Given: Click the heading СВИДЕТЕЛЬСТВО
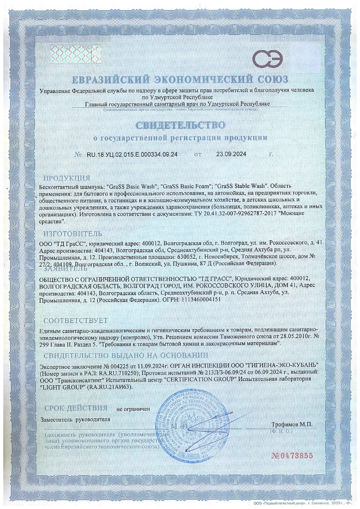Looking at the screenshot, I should click(x=179, y=125).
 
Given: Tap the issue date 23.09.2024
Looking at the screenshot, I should click(x=231, y=154).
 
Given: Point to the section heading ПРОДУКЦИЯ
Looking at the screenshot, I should click(x=67, y=178).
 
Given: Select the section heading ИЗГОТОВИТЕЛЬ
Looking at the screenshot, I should click(x=72, y=234).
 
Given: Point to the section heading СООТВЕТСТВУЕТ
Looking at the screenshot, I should click(x=75, y=321).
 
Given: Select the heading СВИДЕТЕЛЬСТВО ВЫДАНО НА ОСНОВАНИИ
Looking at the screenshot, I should click(x=126, y=356).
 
